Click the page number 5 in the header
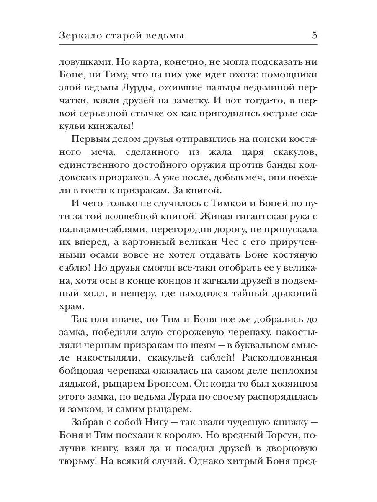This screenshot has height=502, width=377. point(314,36)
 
